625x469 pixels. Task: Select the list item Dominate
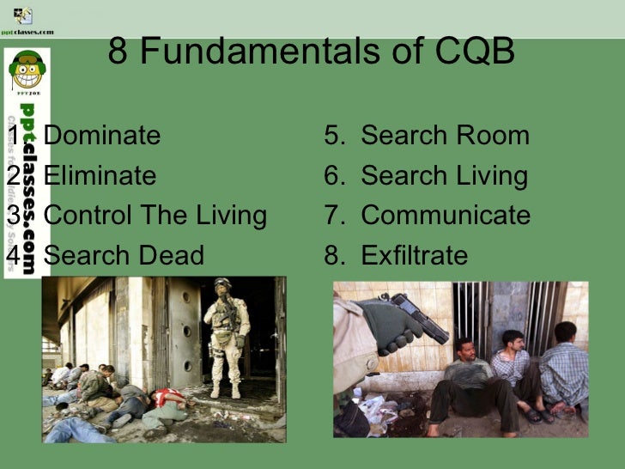101,136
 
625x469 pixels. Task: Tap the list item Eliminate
100,176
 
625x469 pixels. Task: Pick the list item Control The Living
155,215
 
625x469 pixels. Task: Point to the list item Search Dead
124,255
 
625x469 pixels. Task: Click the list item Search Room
445,136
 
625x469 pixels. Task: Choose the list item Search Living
444,176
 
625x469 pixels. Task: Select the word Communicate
446,215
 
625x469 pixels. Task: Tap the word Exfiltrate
414,255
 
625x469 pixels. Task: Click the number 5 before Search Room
332,136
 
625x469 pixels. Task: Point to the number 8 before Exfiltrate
332,255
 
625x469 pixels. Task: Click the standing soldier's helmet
223,285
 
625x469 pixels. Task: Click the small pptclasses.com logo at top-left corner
26,19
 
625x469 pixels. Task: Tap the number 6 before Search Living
332,176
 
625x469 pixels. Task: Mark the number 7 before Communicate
332,215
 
